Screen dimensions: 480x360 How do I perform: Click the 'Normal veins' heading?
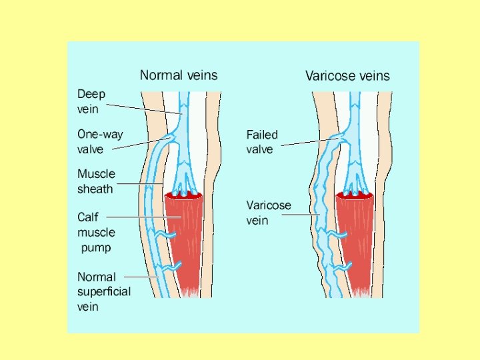pos(178,75)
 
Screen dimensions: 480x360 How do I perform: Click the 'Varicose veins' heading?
pos(347,75)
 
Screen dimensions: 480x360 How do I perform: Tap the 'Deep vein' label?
pos(91,101)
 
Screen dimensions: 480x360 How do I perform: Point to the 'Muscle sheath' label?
pos(96,181)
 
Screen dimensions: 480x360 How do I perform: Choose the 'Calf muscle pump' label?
pos(96,232)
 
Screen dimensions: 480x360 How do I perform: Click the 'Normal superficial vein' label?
pos(104,291)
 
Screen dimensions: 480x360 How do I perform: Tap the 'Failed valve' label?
pos(262,141)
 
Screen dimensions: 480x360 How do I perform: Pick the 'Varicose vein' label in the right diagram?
pos(269,212)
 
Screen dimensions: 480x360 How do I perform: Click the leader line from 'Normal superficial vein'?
pos(140,276)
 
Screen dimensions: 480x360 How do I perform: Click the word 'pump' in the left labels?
pos(97,248)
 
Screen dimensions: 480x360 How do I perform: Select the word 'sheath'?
pos(96,189)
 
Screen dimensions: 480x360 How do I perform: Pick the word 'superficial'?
pos(104,291)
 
